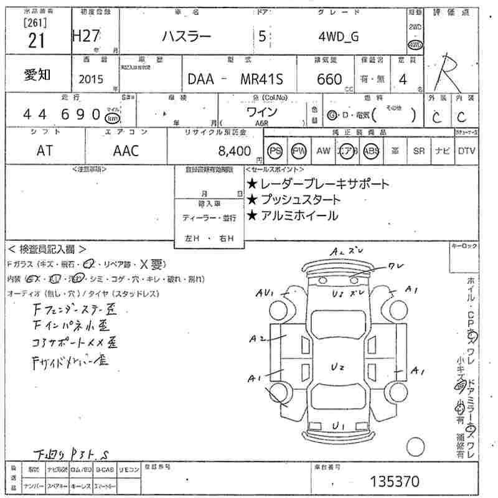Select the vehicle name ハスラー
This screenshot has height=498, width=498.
186,37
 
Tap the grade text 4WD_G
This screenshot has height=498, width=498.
338,37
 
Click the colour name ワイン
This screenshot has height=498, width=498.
262,113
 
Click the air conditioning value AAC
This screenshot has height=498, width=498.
126,151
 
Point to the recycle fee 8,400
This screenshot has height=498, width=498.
235,151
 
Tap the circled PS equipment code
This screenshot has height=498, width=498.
275,151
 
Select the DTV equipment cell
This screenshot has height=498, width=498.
466,151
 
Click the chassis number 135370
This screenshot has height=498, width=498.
395,481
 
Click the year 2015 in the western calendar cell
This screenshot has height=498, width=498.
92,80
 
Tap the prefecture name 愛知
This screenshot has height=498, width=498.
38,75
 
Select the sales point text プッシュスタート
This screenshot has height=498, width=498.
299,200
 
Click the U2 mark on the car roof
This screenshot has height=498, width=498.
338,368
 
